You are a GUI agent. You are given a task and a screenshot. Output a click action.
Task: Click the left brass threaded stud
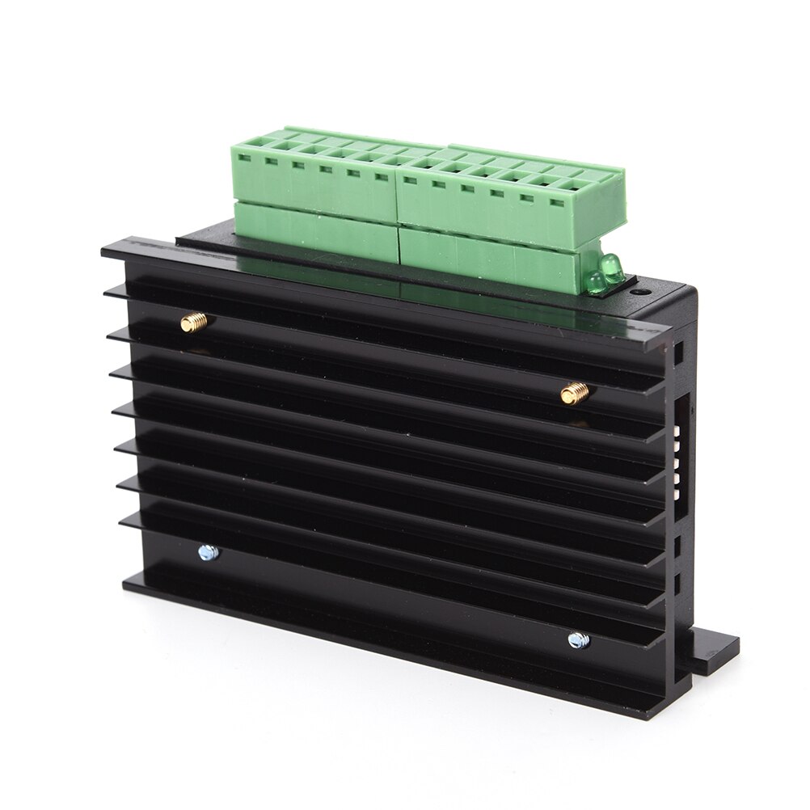[x=194, y=323]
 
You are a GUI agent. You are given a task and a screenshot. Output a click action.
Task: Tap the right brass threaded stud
[x=575, y=393]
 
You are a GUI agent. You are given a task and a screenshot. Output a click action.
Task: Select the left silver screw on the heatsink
[x=208, y=553]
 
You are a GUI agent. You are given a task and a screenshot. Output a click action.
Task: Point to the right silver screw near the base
[x=578, y=640]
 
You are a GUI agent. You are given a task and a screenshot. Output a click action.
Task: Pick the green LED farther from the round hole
[x=596, y=282]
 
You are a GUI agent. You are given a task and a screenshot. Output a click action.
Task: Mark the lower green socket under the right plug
[x=493, y=257]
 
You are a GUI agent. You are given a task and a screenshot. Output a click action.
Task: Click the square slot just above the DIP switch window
[x=678, y=354]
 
